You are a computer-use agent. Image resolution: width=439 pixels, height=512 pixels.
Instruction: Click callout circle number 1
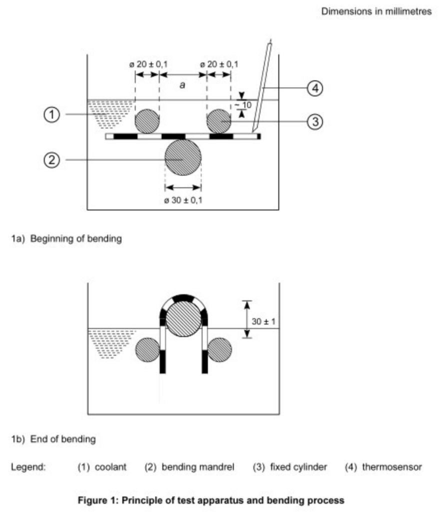tap(51, 114)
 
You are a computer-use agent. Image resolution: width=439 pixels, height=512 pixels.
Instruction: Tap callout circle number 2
tap(51, 160)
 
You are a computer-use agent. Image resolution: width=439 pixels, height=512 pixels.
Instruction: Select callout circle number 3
tap(315, 121)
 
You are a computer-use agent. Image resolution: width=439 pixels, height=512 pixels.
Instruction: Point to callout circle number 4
tap(315, 88)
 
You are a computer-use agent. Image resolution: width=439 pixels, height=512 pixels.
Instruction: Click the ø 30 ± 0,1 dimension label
tap(183, 200)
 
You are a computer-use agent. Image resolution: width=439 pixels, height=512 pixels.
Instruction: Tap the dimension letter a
tap(182, 85)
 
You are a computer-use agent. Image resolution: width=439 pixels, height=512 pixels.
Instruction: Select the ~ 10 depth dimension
tap(243, 105)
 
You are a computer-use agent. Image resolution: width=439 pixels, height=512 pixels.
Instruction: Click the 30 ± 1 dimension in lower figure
tap(263, 321)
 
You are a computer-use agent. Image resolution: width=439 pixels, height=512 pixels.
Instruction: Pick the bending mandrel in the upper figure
tap(183, 157)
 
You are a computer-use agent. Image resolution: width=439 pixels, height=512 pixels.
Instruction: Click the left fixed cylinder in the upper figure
tap(147, 121)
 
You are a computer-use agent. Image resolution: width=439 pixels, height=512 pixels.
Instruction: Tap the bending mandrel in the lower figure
tap(183, 318)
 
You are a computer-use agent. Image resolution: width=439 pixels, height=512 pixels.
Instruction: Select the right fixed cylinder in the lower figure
tap(219, 349)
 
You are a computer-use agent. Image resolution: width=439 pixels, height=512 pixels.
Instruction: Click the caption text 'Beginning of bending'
tap(76, 238)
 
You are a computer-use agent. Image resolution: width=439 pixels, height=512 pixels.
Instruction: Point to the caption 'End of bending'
tap(63, 439)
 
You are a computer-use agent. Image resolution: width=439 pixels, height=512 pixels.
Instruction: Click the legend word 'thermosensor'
tap(392, 467)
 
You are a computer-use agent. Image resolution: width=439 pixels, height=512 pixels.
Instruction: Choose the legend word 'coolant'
tap(110, 467)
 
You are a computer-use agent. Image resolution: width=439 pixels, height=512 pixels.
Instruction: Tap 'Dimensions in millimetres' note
tap(376, 11)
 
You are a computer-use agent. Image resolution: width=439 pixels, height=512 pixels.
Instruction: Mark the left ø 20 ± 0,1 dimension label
tap(148, 64)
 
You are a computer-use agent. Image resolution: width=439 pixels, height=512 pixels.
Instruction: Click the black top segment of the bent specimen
tap(183, 298)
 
